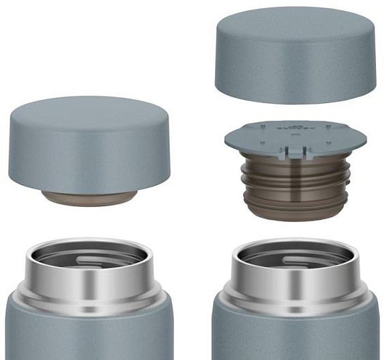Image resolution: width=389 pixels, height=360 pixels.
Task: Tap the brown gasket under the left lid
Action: coord(89,198)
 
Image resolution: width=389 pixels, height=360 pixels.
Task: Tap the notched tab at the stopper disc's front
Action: coord(295,152)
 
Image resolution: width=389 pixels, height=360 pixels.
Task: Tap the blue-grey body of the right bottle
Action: coord(295,335)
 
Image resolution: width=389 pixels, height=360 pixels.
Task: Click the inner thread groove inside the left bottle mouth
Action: coord(102,260)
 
